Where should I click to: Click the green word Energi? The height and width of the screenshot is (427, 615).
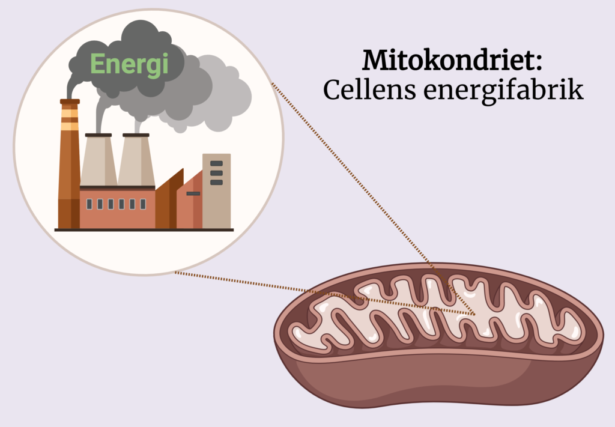pyautogui.click(x=129, y=64)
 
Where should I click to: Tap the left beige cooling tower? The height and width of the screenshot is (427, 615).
pyautogui.click(x=98, y=161)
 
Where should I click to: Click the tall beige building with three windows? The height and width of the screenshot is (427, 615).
pyautogui.click(x=216, y=204)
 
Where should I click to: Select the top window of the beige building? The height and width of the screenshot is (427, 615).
pyautogui.click(x=216, y=163)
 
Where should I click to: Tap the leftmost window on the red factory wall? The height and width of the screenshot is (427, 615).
pyautogui.click(x=89, y=204)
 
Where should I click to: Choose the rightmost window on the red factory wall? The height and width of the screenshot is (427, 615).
pyautogui.click(x=143, y=204)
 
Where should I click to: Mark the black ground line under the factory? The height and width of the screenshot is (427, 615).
pyautogui.click(x=144, y=229)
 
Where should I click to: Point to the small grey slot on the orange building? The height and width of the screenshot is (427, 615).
pyautogui.click(x=193, y=193)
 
